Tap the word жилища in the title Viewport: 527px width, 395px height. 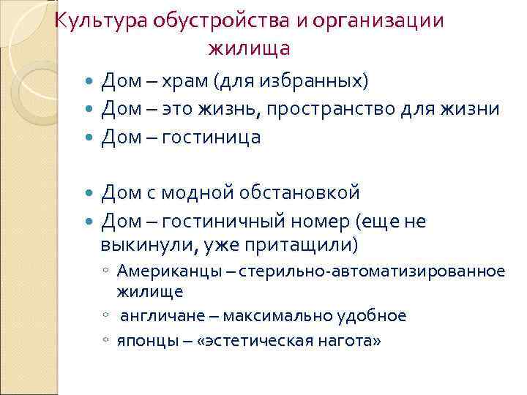250,48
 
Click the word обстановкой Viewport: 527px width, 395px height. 306,192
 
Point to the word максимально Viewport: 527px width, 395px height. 278,316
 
